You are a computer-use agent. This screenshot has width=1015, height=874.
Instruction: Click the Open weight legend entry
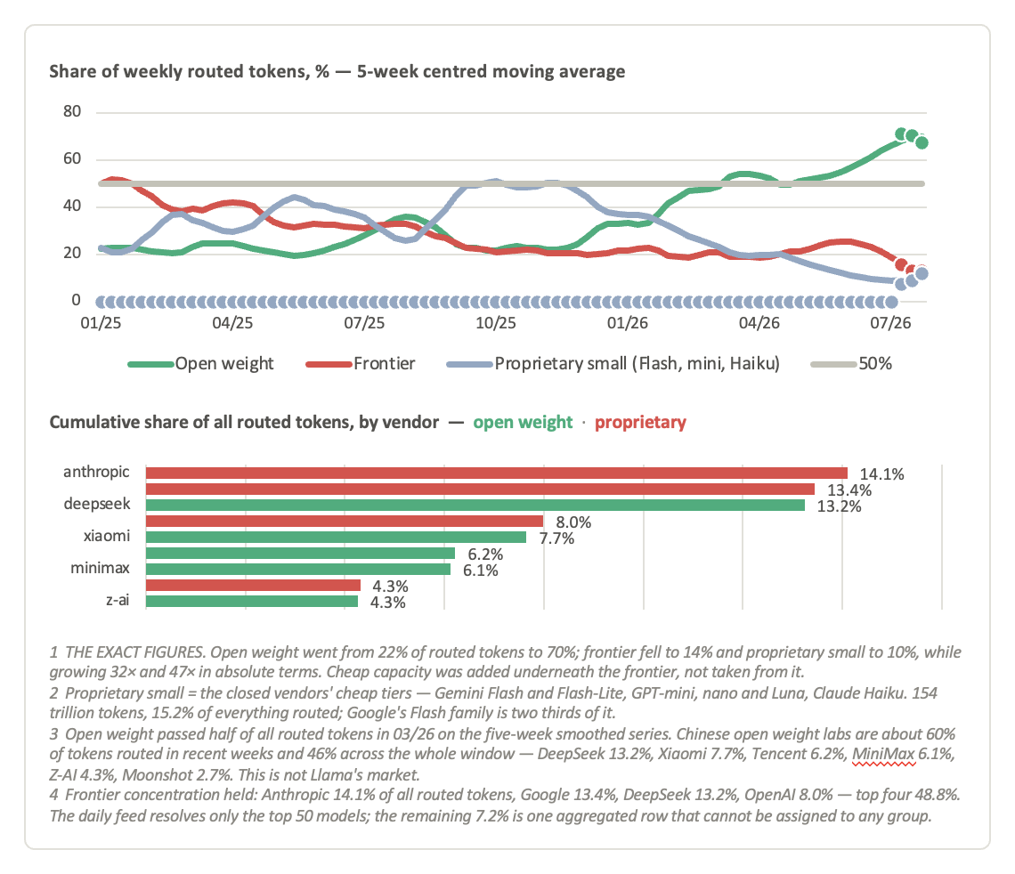(x=200, y=364)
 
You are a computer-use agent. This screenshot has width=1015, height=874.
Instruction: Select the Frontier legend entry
(x=361, y=364)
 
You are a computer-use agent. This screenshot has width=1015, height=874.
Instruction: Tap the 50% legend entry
(x=851, y=364)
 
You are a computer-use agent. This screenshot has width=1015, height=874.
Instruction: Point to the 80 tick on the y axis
(x=72, y=111)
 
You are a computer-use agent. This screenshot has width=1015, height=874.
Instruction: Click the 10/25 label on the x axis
(x=496, y=323)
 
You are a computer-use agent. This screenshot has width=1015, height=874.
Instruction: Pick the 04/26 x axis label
(x=759, y=323)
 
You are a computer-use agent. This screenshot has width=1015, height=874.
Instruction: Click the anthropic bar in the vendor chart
(x=497, y=473)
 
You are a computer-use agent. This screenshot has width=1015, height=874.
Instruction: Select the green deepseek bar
(x=475, y=506)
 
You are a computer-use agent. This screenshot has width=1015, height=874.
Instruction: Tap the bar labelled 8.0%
(x=345, y=522)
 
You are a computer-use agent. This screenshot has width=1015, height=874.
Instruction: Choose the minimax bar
(x=298, y=570)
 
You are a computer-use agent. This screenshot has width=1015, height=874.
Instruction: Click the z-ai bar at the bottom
(x=252, y=602)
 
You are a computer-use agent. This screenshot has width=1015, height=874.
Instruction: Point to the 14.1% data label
(x=881, y=474)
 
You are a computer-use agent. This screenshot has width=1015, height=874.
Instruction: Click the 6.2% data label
(x=485, y=554)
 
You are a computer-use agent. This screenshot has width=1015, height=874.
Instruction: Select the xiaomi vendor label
(x=107, y=536)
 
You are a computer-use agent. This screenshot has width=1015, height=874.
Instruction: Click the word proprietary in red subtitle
(x=640, y=423)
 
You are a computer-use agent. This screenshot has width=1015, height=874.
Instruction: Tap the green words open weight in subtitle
(x=523, y=423)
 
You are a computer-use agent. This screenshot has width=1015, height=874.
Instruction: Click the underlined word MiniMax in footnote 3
(x=883, y=755)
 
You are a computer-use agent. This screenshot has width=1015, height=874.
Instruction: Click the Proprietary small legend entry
(x=613, y=364)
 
